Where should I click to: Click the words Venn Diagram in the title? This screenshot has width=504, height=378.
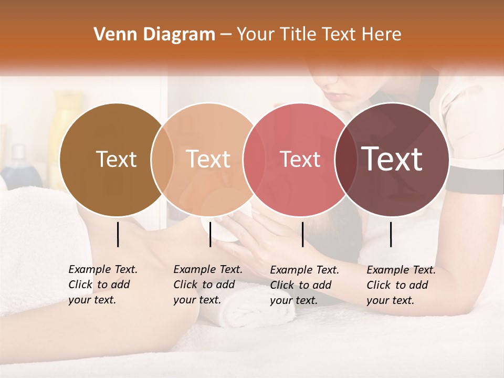pyautogui.click(x=154, y=35)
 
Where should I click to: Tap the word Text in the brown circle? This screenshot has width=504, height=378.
pyautogui.click(x=116, y=159)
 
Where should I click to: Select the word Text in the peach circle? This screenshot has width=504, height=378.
pyautogui.click(x=208, y=159)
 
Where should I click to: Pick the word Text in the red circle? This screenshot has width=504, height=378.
pyautogui.click(x=300, y=159)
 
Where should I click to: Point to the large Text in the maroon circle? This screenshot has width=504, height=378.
pyautogui.click(x=392, y=159)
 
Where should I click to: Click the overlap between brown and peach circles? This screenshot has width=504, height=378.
pyautogui.click(x=162, y=160)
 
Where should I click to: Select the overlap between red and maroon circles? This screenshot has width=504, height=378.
pyautogui.click(x=346, y=160)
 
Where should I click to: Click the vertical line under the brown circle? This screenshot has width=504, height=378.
pyautogui.click(x=118, y=234)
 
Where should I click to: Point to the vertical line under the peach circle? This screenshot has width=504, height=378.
pyautogui.click(x=210, y=234)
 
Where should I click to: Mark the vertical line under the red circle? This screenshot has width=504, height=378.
pyautogui.click(x=302, y=234)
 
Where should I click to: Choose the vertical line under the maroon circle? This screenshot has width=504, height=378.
pyautogui.click(x=391, y=234)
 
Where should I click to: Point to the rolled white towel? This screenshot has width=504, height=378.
pyautogui.click(x=257, y=315)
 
